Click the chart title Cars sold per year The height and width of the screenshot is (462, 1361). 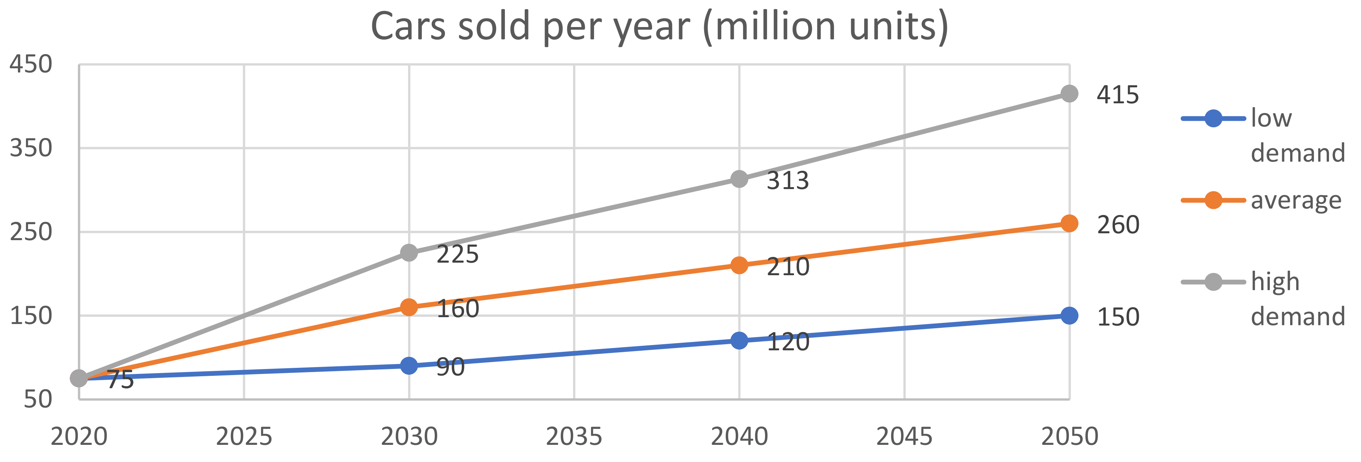660,26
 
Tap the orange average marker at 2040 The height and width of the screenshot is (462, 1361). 739,265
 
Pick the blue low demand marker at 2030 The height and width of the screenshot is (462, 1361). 409,365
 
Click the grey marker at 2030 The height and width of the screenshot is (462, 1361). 409,253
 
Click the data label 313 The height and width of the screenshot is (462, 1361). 787,181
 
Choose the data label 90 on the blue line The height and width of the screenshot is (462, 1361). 450,367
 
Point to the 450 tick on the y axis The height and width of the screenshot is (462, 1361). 30,64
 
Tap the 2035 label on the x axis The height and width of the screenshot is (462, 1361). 574,436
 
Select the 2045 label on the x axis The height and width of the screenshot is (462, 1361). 904,436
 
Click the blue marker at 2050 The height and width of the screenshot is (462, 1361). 1069,316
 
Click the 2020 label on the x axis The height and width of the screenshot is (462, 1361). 79,436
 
